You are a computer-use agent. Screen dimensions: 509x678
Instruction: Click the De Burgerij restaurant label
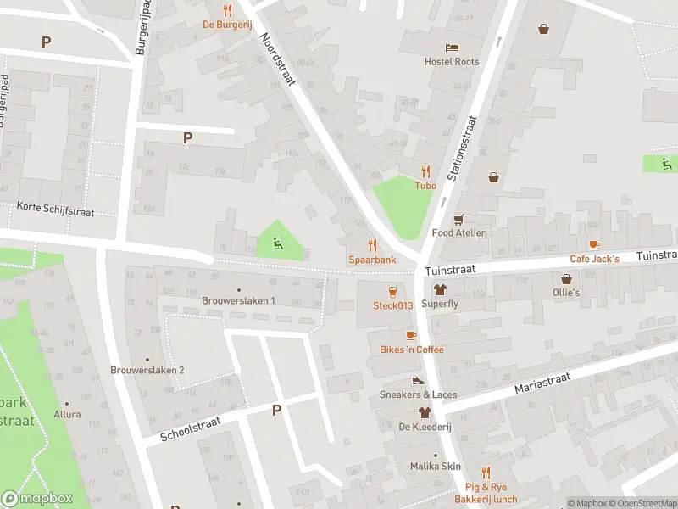[x=226, y=25]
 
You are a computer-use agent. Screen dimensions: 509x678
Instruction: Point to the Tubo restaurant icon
[x=425, y=171]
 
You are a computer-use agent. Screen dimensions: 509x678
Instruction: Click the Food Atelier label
[x=458, y=232]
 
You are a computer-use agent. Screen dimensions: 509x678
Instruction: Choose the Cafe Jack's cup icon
[x=594, y=244]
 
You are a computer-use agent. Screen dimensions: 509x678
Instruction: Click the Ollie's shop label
[x=566, y=293]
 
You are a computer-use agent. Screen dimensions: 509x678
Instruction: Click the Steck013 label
[x=392, y=305]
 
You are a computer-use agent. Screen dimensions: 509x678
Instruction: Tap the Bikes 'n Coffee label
[x=411, y=350]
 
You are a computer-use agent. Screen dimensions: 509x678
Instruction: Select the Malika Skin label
[x=435, y=467]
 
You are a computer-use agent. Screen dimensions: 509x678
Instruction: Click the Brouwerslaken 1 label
[x=238, y=300]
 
